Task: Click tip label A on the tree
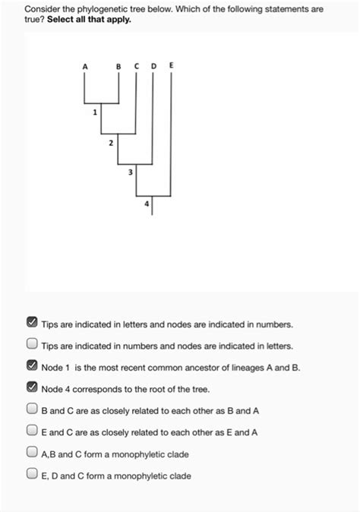pyautogui.click(x=85, y=67)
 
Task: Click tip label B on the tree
pyautogui.click(x=118, y=67)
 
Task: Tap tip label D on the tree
pyautogui.click(x=153, y=67)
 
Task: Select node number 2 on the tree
pyautogui.click(x=111, y=143)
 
